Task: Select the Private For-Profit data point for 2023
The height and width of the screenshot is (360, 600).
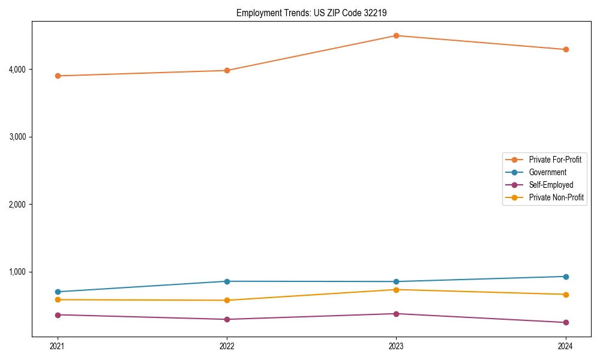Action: click(396, 35)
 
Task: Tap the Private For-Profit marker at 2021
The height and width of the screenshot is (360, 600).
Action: click(58, 76)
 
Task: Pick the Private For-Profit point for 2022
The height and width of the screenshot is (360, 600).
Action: click(227, 70)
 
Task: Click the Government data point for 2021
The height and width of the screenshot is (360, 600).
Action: click(58, 292)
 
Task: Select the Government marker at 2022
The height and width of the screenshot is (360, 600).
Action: click(227, 281)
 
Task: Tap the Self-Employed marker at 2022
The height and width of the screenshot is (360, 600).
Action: click(227, 319)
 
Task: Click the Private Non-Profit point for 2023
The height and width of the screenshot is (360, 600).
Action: click(396, 290)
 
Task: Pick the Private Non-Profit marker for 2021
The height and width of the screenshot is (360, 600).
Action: click(58, 299)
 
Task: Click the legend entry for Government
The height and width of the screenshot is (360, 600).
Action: click(547, 172)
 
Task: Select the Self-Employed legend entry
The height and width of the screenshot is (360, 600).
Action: click(551, 185)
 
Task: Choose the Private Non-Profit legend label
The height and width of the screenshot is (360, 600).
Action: click(556, 197)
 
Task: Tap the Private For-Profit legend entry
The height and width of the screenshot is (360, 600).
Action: click(555, 160)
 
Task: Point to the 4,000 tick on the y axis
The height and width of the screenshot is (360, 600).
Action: click(16, 70)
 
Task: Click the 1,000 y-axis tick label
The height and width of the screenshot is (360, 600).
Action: click(16, 272)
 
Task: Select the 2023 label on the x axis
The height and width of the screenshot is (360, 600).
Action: click(396, 346)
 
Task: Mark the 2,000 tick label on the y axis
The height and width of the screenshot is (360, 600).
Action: click(16, 205)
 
